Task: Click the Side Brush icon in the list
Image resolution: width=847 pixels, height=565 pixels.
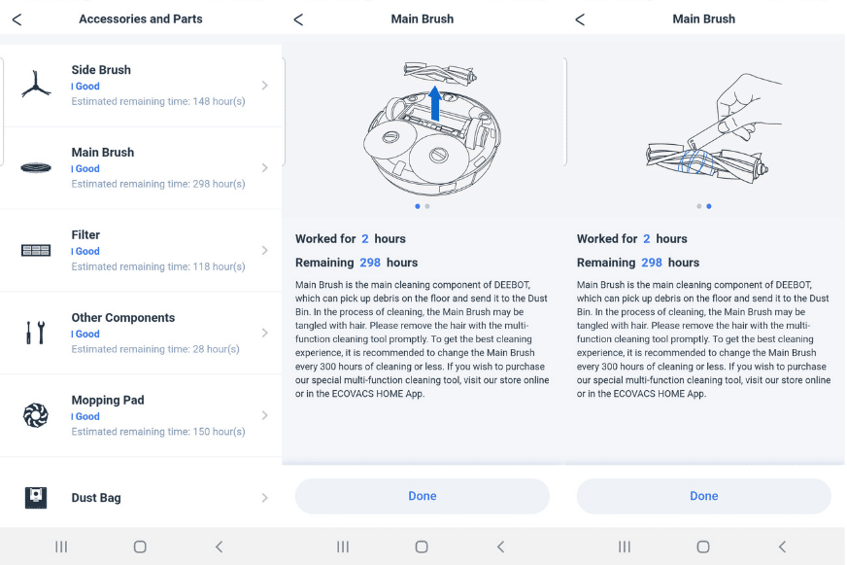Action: coord(36,86)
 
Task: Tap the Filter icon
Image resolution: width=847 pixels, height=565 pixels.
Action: coord(36,251)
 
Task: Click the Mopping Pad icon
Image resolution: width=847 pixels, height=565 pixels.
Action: coord(36,416)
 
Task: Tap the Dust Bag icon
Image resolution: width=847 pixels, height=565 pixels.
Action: coord(36,498)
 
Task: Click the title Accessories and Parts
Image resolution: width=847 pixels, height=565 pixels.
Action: coord(141,19)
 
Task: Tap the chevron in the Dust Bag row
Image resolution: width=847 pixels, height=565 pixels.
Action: coord(264,498)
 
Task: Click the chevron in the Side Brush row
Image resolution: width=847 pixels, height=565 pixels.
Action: coord(264,86)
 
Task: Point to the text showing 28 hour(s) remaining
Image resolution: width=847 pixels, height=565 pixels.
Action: coord(155,349)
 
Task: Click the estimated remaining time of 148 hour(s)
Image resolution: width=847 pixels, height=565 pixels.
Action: coord(157,101)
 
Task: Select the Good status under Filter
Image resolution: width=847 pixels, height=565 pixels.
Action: coord(87,251)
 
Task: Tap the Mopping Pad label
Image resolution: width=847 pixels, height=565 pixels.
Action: coord(108,400)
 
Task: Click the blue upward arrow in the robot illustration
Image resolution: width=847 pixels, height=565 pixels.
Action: coord(435,101)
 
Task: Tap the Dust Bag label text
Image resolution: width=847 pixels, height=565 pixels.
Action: coord(96,498)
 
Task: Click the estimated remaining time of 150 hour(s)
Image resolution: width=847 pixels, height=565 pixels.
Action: coord(157,432)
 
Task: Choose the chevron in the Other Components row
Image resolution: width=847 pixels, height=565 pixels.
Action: coord(264,334)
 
